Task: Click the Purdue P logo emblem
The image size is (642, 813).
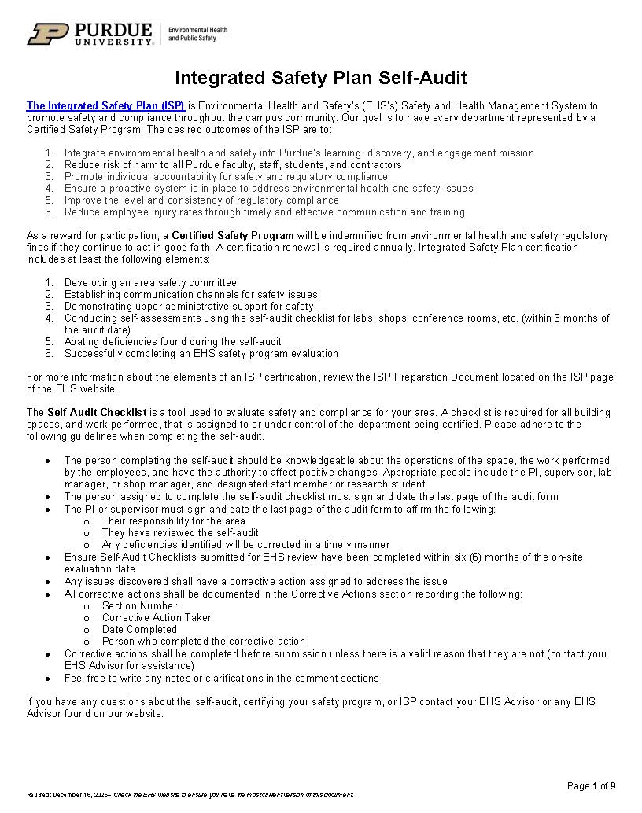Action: coord(48,34)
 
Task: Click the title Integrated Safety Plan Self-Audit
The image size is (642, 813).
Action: coord(320,78)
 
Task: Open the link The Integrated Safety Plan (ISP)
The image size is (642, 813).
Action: coord(106,105)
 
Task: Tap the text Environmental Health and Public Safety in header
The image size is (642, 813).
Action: coord(197,34)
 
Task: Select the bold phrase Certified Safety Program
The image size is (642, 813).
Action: coord(233,235)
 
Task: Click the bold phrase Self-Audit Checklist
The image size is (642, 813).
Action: coord(97,412)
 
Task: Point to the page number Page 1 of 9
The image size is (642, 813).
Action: coord(591,785)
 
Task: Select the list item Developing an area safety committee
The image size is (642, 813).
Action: coord(150,282)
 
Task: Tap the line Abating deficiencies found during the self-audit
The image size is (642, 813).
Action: coord(172,341)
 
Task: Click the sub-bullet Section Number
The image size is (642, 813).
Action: coord(139,605)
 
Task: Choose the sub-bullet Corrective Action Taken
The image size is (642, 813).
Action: coord(157,617)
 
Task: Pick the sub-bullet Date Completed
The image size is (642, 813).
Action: coord(139,629)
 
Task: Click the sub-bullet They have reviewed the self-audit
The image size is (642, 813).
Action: coord(180,532)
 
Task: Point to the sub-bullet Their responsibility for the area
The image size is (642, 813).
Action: coord(173,521)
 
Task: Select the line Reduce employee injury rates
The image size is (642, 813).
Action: coord(264,212)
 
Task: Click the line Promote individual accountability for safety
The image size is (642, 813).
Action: coord(226,176)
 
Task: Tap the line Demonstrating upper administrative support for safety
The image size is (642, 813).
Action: coord(189,306)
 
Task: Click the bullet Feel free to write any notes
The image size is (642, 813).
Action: coord(221,678)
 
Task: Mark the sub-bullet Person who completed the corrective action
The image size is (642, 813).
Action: coord(203,641)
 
